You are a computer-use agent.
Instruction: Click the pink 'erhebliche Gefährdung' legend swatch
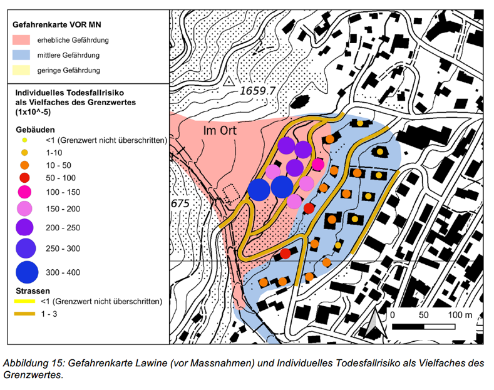point(21,40)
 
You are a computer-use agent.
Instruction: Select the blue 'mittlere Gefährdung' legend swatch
point(21,55)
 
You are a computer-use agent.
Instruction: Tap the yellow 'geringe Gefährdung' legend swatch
point(21,70)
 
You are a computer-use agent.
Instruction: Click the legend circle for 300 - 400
point(27,272)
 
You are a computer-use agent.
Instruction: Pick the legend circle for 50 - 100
point(24,178)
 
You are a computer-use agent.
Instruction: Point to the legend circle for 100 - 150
point(24,192)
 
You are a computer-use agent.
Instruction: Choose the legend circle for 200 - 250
point(24,227)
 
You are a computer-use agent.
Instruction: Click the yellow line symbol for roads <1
point(24,302)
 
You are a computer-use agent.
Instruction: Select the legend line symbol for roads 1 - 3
point(24,314)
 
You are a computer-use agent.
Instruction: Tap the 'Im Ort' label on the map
point(220,130)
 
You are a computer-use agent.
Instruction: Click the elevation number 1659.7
point(258,91)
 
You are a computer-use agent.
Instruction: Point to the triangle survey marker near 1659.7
point(229,81)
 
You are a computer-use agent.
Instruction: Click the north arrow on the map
point(374,324)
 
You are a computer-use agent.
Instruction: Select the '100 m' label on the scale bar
point(460,315)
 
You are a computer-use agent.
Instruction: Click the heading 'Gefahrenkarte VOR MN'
point(57,24)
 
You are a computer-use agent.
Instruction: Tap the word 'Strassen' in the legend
point(33,290)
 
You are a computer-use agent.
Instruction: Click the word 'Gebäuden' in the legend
point(35,130)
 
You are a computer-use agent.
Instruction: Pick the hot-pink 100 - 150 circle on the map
point(318,165)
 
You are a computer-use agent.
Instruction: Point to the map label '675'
point(180,204)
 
